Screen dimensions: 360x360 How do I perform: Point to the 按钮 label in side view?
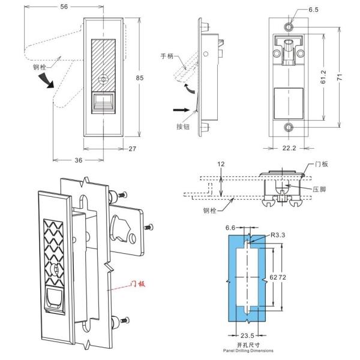point(182,127)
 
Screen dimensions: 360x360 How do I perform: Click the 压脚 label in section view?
point(319,189)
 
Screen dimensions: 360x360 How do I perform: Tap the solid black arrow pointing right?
point(180,110)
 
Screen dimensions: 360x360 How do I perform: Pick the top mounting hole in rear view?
point(289,28)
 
